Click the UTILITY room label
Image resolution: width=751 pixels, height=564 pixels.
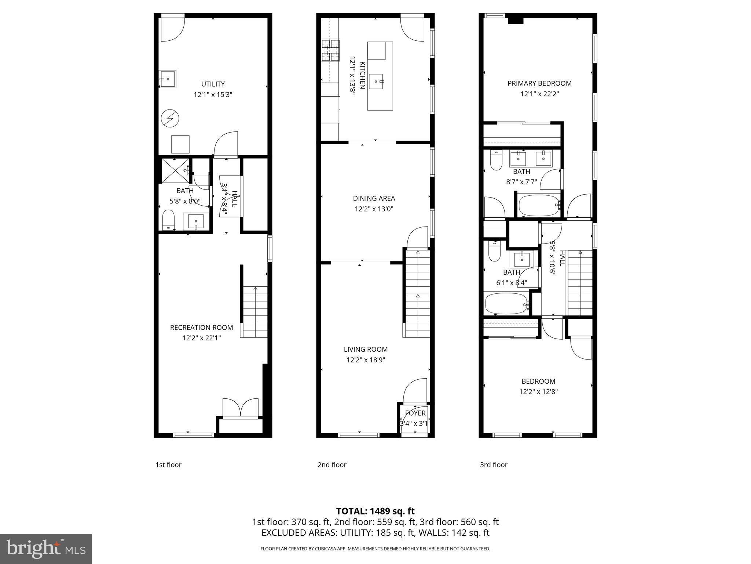[213, 84]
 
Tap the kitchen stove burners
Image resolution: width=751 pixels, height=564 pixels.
[331, 50]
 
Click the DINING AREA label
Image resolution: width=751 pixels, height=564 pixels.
[374, 199]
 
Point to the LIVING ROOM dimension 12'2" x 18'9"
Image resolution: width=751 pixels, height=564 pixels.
[366, 360]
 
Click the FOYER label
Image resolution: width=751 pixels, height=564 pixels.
[415, 413]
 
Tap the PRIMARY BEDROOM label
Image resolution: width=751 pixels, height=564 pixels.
[539, 83]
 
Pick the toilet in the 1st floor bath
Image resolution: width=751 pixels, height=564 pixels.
[168, 220]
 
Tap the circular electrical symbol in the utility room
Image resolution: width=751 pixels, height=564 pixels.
[170, 119]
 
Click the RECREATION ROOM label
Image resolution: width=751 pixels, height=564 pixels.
[201, 328]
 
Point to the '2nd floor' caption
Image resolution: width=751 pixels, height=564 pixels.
[332, 465]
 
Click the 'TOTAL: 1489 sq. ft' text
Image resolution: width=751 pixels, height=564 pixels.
[375, 511]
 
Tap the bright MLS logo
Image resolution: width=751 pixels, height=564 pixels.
[46, 549]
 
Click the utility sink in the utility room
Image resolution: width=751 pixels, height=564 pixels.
[168, 79]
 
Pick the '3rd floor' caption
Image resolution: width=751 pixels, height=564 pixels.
[494, 465]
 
